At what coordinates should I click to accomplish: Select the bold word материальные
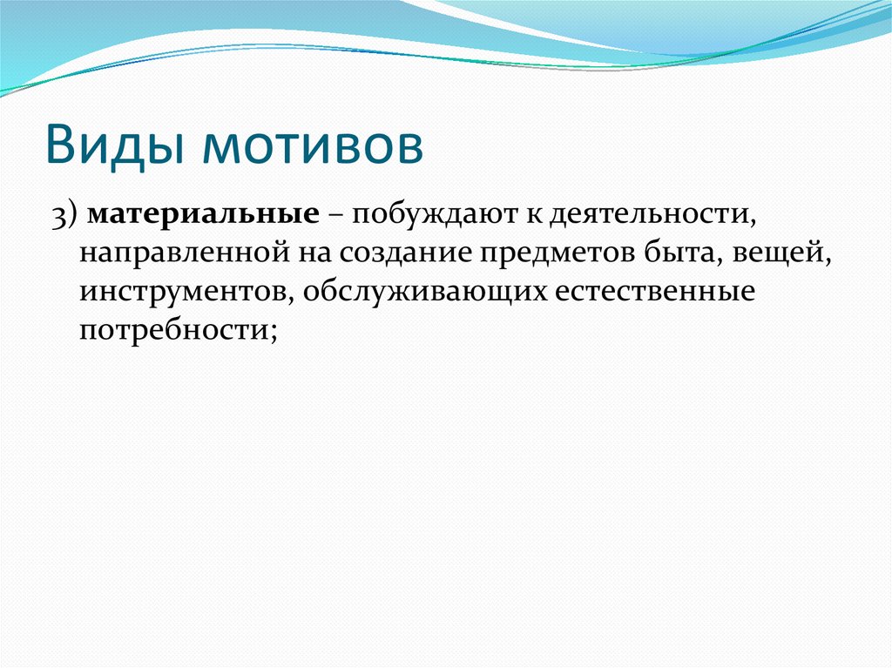(201, 214)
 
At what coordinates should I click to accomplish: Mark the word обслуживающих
(423, 292)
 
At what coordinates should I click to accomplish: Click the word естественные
(653, 292)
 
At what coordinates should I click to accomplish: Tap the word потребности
(172, 330)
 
